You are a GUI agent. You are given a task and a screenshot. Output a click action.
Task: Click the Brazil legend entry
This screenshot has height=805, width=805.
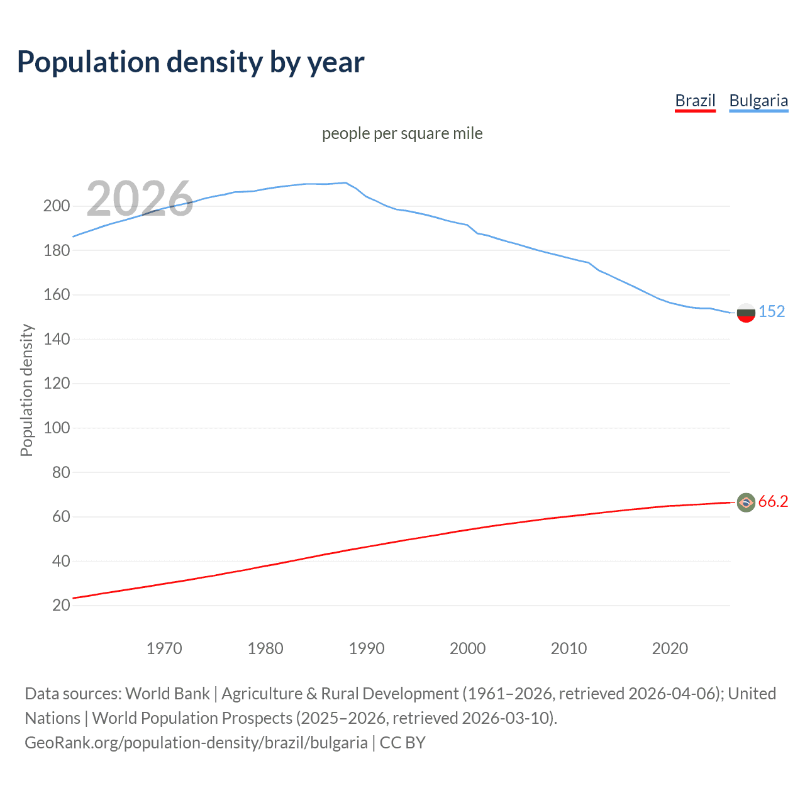(x=695, y=101)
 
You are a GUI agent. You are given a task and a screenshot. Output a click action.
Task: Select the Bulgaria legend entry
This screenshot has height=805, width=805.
(x=758, y=101)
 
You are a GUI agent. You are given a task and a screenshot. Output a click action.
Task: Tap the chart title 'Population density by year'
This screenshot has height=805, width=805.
(x=191, y=62)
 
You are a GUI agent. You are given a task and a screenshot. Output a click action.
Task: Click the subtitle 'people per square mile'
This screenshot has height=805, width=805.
(x=402, y=133)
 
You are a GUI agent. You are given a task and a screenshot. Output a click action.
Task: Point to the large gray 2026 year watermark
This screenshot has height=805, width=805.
(x=140, y=198)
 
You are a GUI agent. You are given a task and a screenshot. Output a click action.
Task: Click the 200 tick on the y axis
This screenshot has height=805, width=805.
(x=57, y=206)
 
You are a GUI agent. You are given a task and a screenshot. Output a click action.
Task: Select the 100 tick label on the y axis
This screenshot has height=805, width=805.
(x=57, y=428)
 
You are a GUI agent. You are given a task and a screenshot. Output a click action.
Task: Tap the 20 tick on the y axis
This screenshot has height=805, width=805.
(x=61, y=605)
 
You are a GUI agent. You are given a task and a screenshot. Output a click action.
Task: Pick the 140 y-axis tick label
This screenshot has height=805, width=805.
(x=57, y=339)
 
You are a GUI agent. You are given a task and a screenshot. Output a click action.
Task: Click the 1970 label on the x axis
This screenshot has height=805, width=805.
(x=164, y=648)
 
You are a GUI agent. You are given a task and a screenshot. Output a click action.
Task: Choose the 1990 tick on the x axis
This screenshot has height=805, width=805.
(x=367, y=648)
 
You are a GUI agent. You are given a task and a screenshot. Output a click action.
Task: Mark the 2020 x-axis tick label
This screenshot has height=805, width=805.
(x=670, y=648)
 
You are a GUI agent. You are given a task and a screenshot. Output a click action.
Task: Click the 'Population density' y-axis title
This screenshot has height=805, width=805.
(x=26, y=390)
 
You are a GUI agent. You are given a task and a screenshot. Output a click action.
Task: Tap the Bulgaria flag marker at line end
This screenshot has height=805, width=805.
(x=746, y=313)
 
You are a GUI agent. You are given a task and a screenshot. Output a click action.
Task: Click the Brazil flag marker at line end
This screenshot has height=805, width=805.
(x=746, y=502)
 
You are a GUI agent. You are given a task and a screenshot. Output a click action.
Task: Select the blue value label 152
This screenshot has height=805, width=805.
(x=772, y=312)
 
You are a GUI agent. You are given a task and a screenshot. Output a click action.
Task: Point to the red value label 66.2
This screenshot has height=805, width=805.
(x=773, y=501)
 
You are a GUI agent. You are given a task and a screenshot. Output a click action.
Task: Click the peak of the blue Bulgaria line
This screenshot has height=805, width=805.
(x=345, y=183)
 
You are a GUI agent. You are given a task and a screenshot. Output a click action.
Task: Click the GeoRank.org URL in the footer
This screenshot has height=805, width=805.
(x=196, y=743)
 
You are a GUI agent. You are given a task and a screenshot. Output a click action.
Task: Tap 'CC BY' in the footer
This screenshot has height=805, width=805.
(x=402, y=743)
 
